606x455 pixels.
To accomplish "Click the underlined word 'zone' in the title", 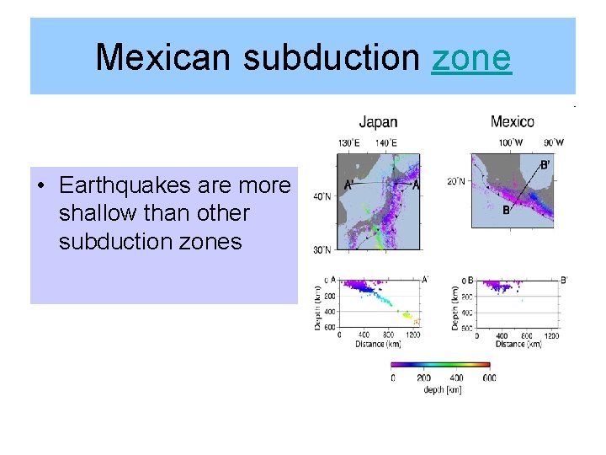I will (471, 57).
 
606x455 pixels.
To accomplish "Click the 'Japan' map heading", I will (378, 122).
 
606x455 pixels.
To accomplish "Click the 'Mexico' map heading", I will (513, 122).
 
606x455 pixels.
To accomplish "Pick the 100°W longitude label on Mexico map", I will (511, 142).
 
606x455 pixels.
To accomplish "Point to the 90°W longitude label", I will (553, 142).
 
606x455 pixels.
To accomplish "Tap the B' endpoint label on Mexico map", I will (545, 165).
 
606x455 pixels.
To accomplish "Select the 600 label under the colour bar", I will (489, 377).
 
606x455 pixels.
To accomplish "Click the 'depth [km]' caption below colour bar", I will (440, 389).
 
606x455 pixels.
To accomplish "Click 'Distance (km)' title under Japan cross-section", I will (378, 344).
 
